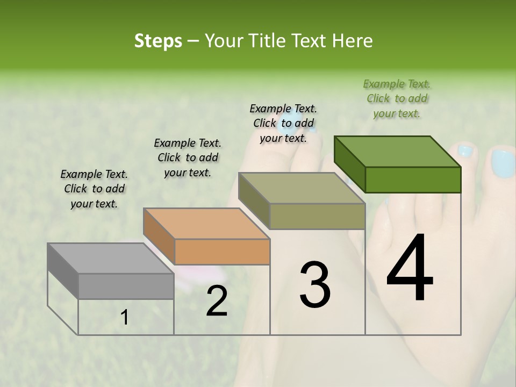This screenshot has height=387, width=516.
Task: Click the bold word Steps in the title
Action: tap(158, 41)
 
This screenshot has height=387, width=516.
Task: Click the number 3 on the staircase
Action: tap(315, 285)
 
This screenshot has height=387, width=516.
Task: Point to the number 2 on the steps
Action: tap(217, 301)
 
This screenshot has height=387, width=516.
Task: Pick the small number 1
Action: tap(125, 318)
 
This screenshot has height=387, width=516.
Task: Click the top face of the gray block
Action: tap(111, 258)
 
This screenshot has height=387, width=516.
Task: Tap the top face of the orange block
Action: tap(206, 223)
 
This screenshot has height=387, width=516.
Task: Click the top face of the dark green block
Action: tap(398, 152)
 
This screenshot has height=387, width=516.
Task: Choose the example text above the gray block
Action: tap(94, 189)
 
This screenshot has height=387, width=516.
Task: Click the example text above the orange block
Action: tap(188, 157)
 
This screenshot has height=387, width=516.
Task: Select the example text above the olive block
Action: tap(283, 123)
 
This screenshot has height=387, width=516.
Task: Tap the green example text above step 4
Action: tap(397, 98)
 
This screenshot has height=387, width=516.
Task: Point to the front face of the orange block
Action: tap(222, 252)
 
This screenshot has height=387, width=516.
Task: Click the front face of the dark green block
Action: tap(413, 180)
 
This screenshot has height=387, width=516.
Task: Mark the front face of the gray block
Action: tap(126, 286)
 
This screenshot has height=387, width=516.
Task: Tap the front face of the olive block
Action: tap(317, 216)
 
